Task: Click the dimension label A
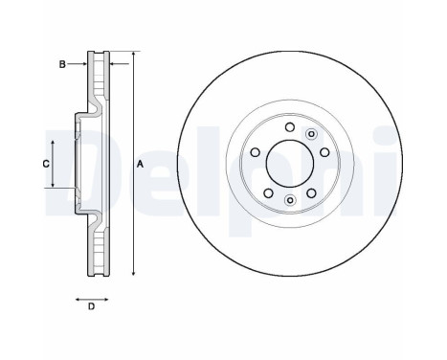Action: pos(140,165)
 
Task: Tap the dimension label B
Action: pos(62,64)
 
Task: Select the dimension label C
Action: pos(45,164)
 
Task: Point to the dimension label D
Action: pos(91,306)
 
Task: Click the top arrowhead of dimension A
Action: pos(133,53)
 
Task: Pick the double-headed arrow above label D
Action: pos(91,297)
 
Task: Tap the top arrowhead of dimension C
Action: pos(54,140)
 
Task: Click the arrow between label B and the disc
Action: pos(78,64)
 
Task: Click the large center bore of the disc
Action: pos(288,164)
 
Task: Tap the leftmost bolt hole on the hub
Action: pos(254,154)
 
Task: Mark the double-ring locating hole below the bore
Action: pos(289,199)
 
